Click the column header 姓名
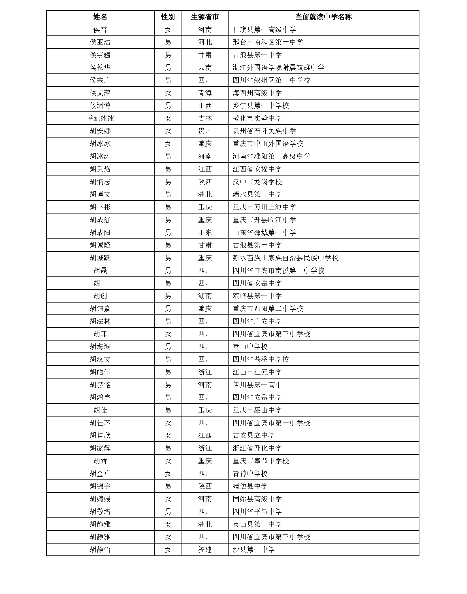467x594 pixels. pos(100,17)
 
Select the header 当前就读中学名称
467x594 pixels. pos(323,17)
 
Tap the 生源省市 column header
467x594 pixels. pos(205,17)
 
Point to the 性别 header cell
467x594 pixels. pos(168,17)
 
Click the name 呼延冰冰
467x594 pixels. pos(100,118)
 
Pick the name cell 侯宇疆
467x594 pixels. pos(100,55)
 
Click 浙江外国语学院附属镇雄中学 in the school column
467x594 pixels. pos(278,67)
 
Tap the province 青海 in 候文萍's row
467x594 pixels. pos(205,93)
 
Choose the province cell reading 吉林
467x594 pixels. pos(205,118)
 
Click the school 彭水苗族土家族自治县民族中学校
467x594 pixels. pos(285,258)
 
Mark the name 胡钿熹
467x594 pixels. pos(100,309)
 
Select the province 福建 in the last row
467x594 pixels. pos(205,550)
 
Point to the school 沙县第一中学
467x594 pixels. pos(253,550)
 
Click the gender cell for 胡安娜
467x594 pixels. pos(168,131)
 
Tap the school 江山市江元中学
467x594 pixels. pos(257,372)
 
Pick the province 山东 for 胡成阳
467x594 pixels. pos(205,233)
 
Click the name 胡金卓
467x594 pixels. pos(100,474)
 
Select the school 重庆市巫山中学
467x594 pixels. pos(257,410)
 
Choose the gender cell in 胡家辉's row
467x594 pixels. pos(168,448)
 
